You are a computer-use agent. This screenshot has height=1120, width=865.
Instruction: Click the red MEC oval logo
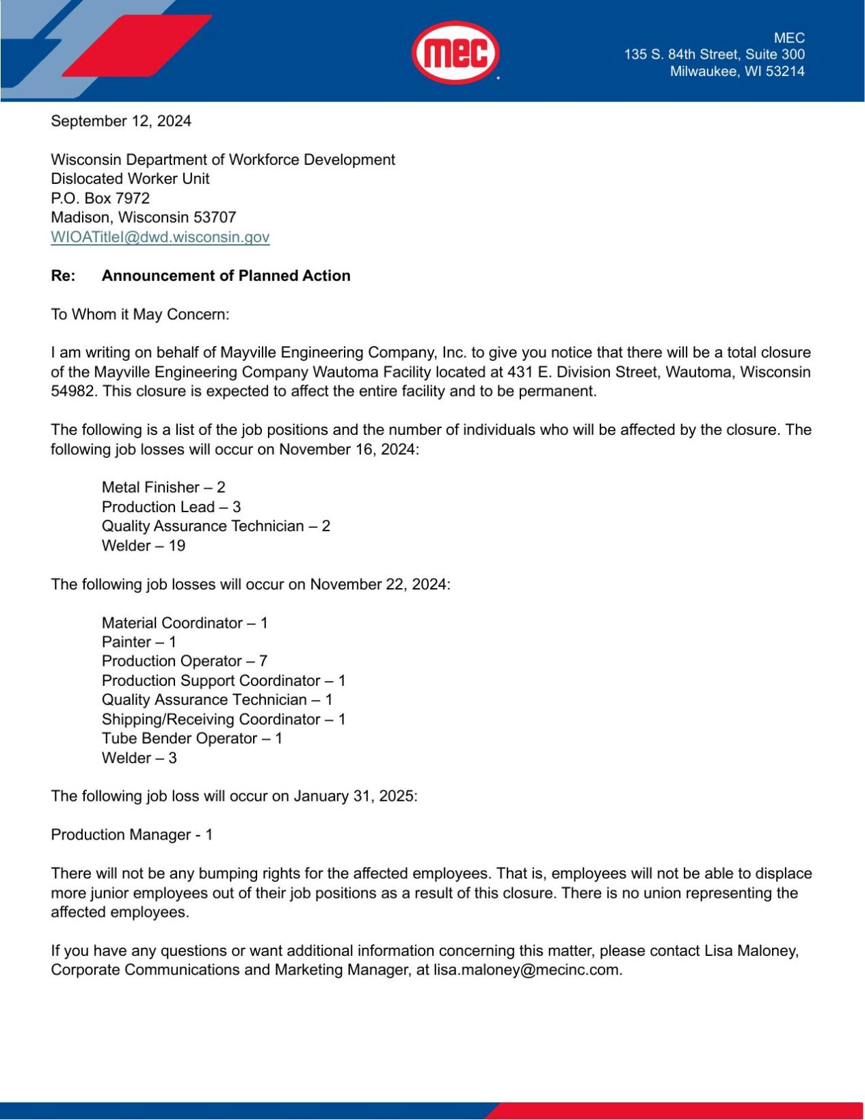pos(455,53)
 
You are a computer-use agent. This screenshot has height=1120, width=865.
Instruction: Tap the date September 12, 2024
pos(121,121)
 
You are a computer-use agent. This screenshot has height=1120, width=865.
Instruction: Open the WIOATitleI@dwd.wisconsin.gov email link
pos(160,237)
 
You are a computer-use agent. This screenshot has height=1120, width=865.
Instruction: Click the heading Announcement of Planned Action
pos(226,276)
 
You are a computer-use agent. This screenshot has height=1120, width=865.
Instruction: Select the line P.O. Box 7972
pos(100,198)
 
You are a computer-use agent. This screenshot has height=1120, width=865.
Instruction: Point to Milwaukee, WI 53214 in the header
pos(736,71)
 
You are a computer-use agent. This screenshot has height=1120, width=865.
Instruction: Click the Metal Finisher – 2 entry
pos(163,488)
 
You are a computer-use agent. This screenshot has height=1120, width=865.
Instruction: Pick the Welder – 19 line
pos(144,546)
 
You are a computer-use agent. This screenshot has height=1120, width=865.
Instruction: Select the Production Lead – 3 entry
pos(171,507)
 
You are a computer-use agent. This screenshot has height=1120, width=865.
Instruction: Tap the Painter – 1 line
pos(139,642)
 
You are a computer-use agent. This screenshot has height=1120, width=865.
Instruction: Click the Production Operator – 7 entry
pos(184,661)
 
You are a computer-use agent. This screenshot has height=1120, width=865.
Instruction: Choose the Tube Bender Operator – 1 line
pos(191,738)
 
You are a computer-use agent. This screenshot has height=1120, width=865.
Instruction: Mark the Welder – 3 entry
pos(139,758)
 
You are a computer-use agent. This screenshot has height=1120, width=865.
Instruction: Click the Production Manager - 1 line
pos(131,835)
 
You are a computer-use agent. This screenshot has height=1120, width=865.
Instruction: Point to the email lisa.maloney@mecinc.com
pos(527,970)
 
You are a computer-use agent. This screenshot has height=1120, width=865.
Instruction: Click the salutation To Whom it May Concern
pos(140,315)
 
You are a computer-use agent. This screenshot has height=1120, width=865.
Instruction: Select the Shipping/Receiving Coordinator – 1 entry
pos(224,719)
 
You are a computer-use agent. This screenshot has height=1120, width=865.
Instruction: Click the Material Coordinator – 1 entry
pos(185,623)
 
